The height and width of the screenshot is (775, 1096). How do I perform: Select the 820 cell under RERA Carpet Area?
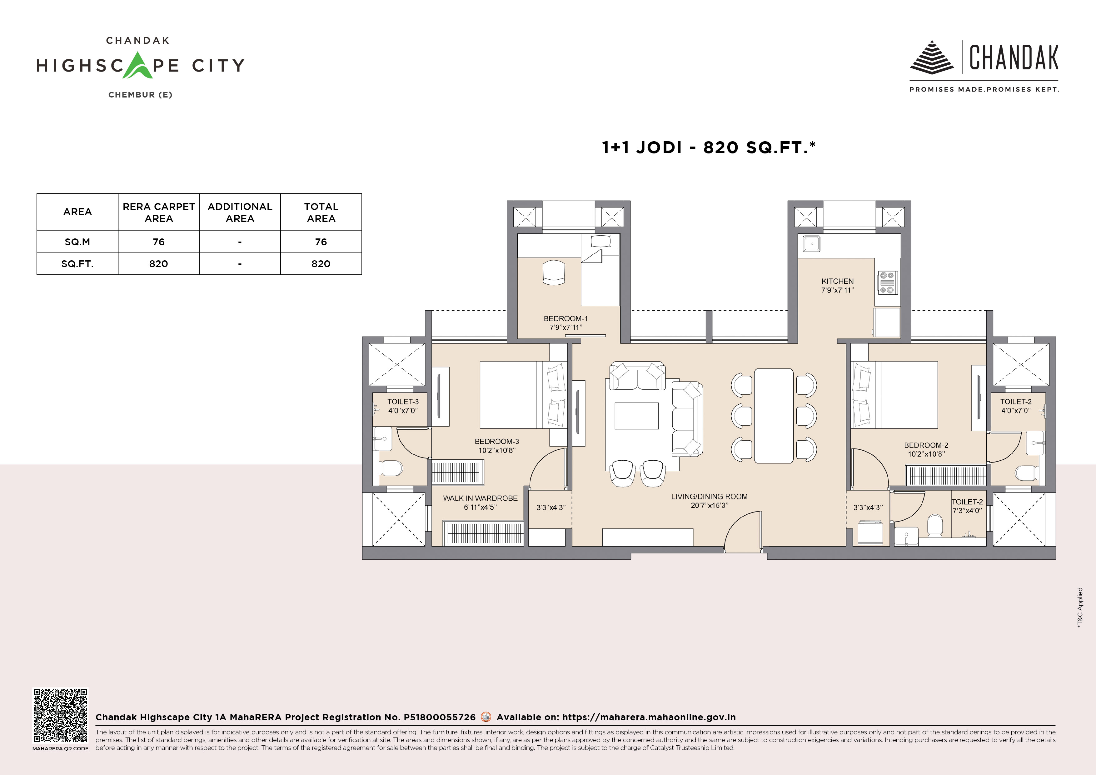point(158,263)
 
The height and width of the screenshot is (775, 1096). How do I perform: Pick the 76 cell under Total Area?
point(321,242)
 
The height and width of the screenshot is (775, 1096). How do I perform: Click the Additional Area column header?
point(240,212)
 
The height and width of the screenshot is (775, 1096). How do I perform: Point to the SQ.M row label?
point(77,242)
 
